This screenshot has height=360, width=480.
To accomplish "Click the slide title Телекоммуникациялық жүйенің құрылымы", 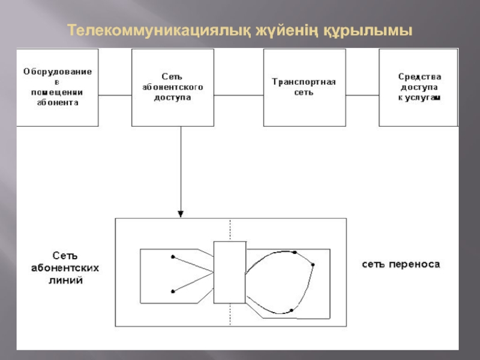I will point(240,29).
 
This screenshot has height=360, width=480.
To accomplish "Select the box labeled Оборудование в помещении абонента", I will point(58,87).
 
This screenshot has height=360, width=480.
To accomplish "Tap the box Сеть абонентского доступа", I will point(173,87).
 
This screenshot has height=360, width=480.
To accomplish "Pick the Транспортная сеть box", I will point(304,87).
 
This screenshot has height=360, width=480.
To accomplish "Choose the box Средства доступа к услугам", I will point(419,87).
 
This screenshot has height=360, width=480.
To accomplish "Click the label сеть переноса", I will point(401,264).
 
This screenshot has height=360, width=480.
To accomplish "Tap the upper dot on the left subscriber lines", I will point(173,257).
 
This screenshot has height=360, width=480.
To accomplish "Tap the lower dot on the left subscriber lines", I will point(173,292).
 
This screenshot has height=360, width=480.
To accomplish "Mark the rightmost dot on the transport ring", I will point(313,265).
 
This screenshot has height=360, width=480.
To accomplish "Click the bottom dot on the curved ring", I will point(291,310).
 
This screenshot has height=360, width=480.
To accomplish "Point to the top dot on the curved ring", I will point(295,253).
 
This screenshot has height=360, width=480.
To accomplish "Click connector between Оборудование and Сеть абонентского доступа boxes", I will point(115,95).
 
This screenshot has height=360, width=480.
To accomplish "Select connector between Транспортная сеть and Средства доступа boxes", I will point(362,95).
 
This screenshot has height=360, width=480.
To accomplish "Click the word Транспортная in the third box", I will point(304,82).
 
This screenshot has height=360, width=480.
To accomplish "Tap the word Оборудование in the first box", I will point(58,71).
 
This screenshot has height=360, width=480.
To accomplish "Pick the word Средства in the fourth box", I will point(419,76).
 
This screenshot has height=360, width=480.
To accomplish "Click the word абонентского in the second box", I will point(173,87).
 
